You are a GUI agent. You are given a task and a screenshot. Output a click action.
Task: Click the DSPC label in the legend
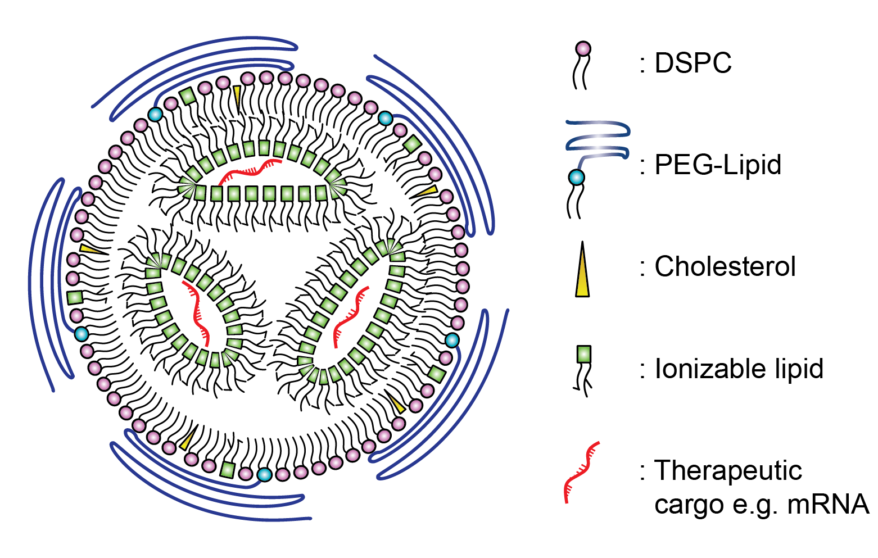point(693,63)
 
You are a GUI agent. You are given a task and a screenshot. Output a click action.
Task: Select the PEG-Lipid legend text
point(718,165)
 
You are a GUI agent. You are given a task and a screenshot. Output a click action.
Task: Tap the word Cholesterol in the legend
point(725,266)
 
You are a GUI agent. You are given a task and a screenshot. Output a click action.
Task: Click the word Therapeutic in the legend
point(728,471)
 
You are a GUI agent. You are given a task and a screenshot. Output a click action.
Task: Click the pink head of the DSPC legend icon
point(583,49)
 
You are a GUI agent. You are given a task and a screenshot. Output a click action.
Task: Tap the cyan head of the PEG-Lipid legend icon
point(576,178)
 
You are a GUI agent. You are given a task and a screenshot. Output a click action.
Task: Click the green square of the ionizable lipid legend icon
point(584,355)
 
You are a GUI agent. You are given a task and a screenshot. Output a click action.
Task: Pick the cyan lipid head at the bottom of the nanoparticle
point(264,475)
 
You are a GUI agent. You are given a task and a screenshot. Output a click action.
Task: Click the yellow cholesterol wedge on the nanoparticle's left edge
point(90,249)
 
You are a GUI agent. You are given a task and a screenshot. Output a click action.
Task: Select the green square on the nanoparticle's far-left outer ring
point(74,297)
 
